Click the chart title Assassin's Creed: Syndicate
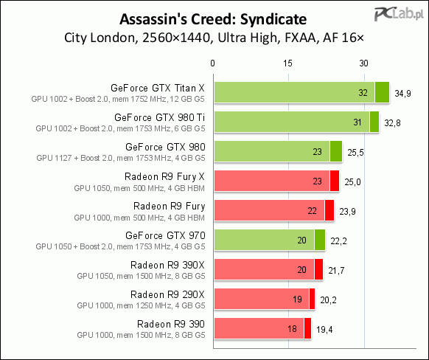(213, 19)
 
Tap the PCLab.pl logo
(399, 14)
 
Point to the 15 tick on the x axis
(287, 63)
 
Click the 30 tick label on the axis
(363, 63)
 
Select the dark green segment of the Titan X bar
(382, 92)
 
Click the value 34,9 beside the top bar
(402, 94)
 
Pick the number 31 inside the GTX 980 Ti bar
(357, 122)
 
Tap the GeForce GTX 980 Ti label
(159, 117)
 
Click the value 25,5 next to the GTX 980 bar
(355, 153)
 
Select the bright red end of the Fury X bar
(335, 181)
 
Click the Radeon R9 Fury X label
(164, 177)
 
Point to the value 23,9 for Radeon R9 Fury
(347, 212)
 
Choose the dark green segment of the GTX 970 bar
(320, 240)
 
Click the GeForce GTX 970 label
(165, 235)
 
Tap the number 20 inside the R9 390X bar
(301, 270)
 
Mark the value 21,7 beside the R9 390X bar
(336, 271)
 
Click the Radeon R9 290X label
(167, 294)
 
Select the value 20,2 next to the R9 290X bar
(328, 300)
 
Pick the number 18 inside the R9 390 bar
(292, 329)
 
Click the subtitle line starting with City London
(214, 38)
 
